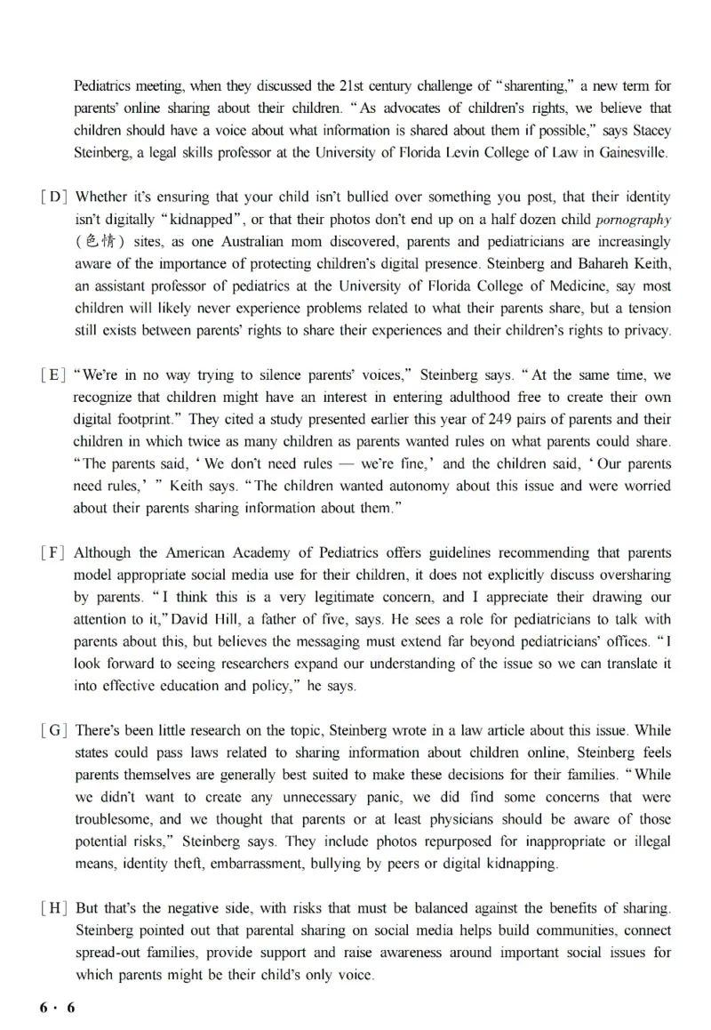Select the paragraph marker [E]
click(53, 374)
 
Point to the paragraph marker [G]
click(53, 731)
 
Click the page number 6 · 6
click(59, 1006)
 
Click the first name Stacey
click(651, 131)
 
